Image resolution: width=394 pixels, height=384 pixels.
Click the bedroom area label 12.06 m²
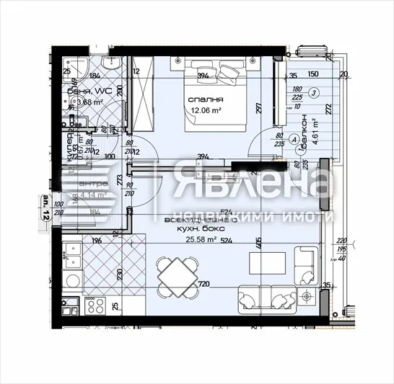206,110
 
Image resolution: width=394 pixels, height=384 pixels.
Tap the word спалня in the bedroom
205,99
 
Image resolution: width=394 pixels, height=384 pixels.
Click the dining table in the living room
176,277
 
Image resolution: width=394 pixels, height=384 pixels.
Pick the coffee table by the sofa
264,262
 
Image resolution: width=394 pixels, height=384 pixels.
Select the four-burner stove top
95,306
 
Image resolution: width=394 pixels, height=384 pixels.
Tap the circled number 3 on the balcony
315,93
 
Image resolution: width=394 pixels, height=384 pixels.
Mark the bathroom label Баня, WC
85,91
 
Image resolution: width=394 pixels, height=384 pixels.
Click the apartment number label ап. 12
45,209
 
